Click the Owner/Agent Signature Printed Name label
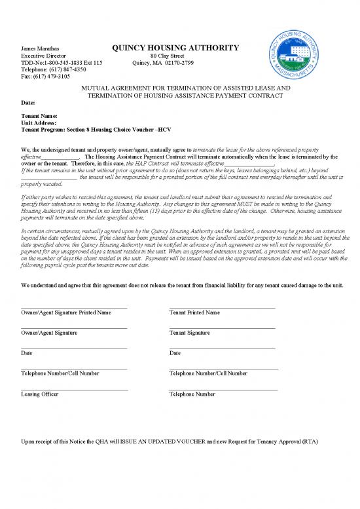coord(66,312)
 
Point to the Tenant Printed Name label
coord(194,312)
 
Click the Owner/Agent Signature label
coord(49,333)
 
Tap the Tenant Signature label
coord(189,333)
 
